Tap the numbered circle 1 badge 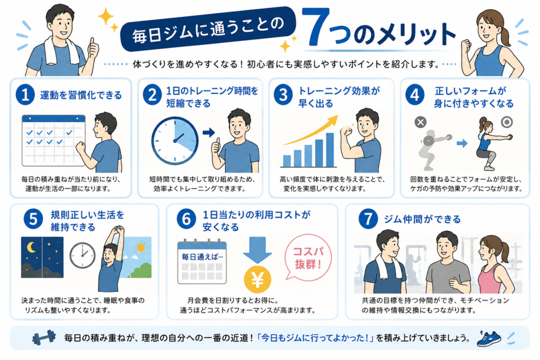point(25,95)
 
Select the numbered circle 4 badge point(415,95)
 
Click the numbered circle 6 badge point(186,219)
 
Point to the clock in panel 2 point(175,140)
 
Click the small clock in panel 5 point(82,255)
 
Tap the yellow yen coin point(257,279)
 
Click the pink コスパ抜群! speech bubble point(307,256)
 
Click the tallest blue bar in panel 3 point(330,150)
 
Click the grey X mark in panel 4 point(420,122)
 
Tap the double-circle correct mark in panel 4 point(507,121)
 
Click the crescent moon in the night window point(31,247)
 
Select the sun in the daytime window point(140,247)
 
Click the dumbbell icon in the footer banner point(44,338)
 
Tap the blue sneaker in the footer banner point(489,338)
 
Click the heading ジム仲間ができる point(422,219)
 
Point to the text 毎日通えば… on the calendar point(202,257)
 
